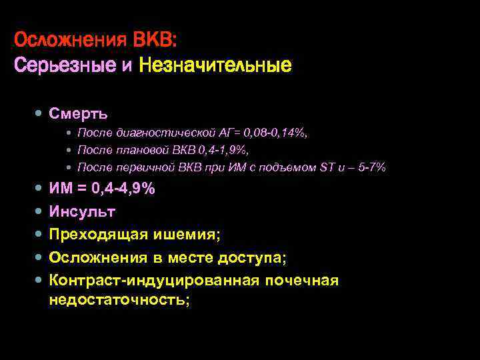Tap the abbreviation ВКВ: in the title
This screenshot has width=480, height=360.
(x=155, y=39)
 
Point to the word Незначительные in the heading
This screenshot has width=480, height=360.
(x=215, y=66)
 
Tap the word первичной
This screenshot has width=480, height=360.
(x=137, y=167)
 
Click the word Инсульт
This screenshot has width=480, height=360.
(x=82, y=212)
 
